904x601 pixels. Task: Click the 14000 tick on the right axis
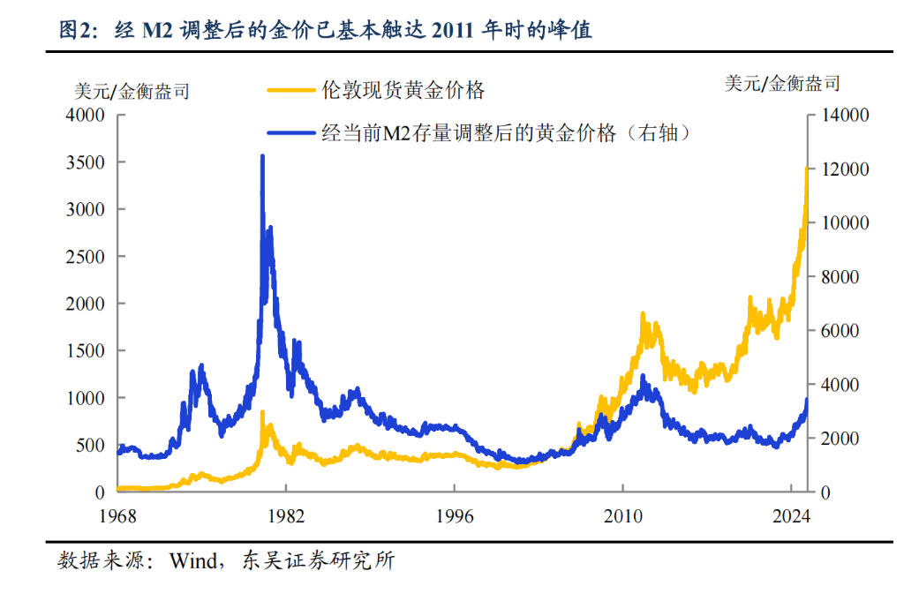[846, 115]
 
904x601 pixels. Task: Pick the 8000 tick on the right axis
[842, 276]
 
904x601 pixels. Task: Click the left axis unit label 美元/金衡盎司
[131, 90]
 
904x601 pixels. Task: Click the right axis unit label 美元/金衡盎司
[782, 84]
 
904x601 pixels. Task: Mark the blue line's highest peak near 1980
[262, 157]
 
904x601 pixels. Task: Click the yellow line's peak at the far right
[806, 167]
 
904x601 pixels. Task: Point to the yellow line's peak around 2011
[643, 314]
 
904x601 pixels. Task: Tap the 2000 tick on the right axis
[842, 439]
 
